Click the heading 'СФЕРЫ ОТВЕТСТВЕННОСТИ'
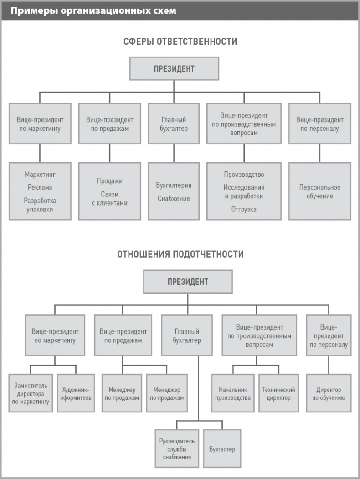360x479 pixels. click(x=180, y=41)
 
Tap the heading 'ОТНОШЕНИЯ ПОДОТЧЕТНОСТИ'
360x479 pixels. click(x=180, y=254)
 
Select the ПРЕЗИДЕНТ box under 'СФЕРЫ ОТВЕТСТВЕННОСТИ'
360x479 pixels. click(x=174, y=69)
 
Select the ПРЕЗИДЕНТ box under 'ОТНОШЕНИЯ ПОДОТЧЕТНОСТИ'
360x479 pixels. click(x=187, y=282)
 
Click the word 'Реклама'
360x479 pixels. click(x=40, y=187)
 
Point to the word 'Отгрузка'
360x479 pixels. click(x=243, y=209)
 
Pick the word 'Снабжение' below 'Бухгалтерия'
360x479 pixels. click(x=174, y=199)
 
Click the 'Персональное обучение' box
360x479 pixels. click(x=319, y=191)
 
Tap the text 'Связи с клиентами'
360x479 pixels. click(x=109, y=199)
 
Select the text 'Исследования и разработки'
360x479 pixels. click(x=243, y=192)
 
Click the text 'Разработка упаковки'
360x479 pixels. click(x=40, y=205)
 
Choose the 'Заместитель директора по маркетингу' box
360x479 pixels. click(x=31, y=393)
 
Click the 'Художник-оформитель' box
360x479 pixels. click(x=76, y=393)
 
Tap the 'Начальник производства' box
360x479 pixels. click(x=232, y=393)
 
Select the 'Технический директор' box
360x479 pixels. click(x=278, y=393)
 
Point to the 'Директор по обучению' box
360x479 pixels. click(x=329, y=393)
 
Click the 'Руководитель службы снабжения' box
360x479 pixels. click(x=177, y=449)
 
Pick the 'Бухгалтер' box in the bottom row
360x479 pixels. click(x=222, y=449)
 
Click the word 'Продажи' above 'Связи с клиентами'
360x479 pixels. click(x=109, y=181)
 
